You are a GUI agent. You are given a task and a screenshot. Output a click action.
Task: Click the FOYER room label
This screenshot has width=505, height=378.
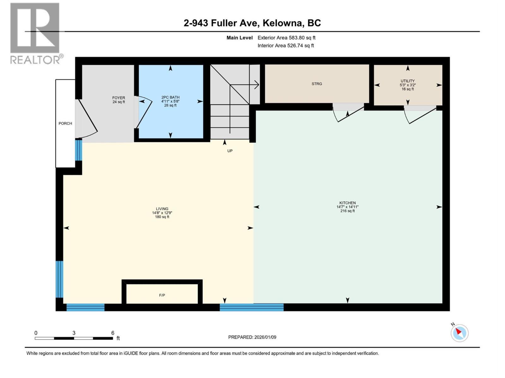119,98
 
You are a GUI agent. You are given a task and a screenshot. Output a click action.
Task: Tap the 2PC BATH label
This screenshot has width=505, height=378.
170,97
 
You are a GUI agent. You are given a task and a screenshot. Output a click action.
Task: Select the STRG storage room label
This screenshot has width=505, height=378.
317,84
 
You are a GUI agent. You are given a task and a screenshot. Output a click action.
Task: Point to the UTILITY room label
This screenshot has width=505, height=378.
407,81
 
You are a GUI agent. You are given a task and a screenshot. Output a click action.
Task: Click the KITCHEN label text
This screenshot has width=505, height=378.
348,203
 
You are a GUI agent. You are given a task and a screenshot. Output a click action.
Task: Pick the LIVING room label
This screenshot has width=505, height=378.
162,209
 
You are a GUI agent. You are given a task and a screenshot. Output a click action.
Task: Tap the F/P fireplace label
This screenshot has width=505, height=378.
162,295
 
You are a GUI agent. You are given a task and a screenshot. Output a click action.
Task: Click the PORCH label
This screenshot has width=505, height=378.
65,123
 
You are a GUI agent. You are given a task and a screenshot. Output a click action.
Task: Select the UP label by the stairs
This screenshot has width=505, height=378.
230,151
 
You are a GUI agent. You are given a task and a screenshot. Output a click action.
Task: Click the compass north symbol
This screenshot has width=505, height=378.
459,333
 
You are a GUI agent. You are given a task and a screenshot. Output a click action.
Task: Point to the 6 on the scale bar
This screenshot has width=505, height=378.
113,333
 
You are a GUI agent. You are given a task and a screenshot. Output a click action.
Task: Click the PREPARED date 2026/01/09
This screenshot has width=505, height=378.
252,337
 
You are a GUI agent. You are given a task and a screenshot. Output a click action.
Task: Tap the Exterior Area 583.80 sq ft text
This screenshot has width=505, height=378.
286,38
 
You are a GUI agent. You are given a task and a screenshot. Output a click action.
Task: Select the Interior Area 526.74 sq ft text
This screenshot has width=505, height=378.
286,45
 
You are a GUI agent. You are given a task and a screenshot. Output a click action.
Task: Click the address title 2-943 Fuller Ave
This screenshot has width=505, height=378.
252,23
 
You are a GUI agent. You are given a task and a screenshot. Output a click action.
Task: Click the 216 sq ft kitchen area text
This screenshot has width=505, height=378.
347,211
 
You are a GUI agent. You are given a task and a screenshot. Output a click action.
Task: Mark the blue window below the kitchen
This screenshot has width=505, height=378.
252,307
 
